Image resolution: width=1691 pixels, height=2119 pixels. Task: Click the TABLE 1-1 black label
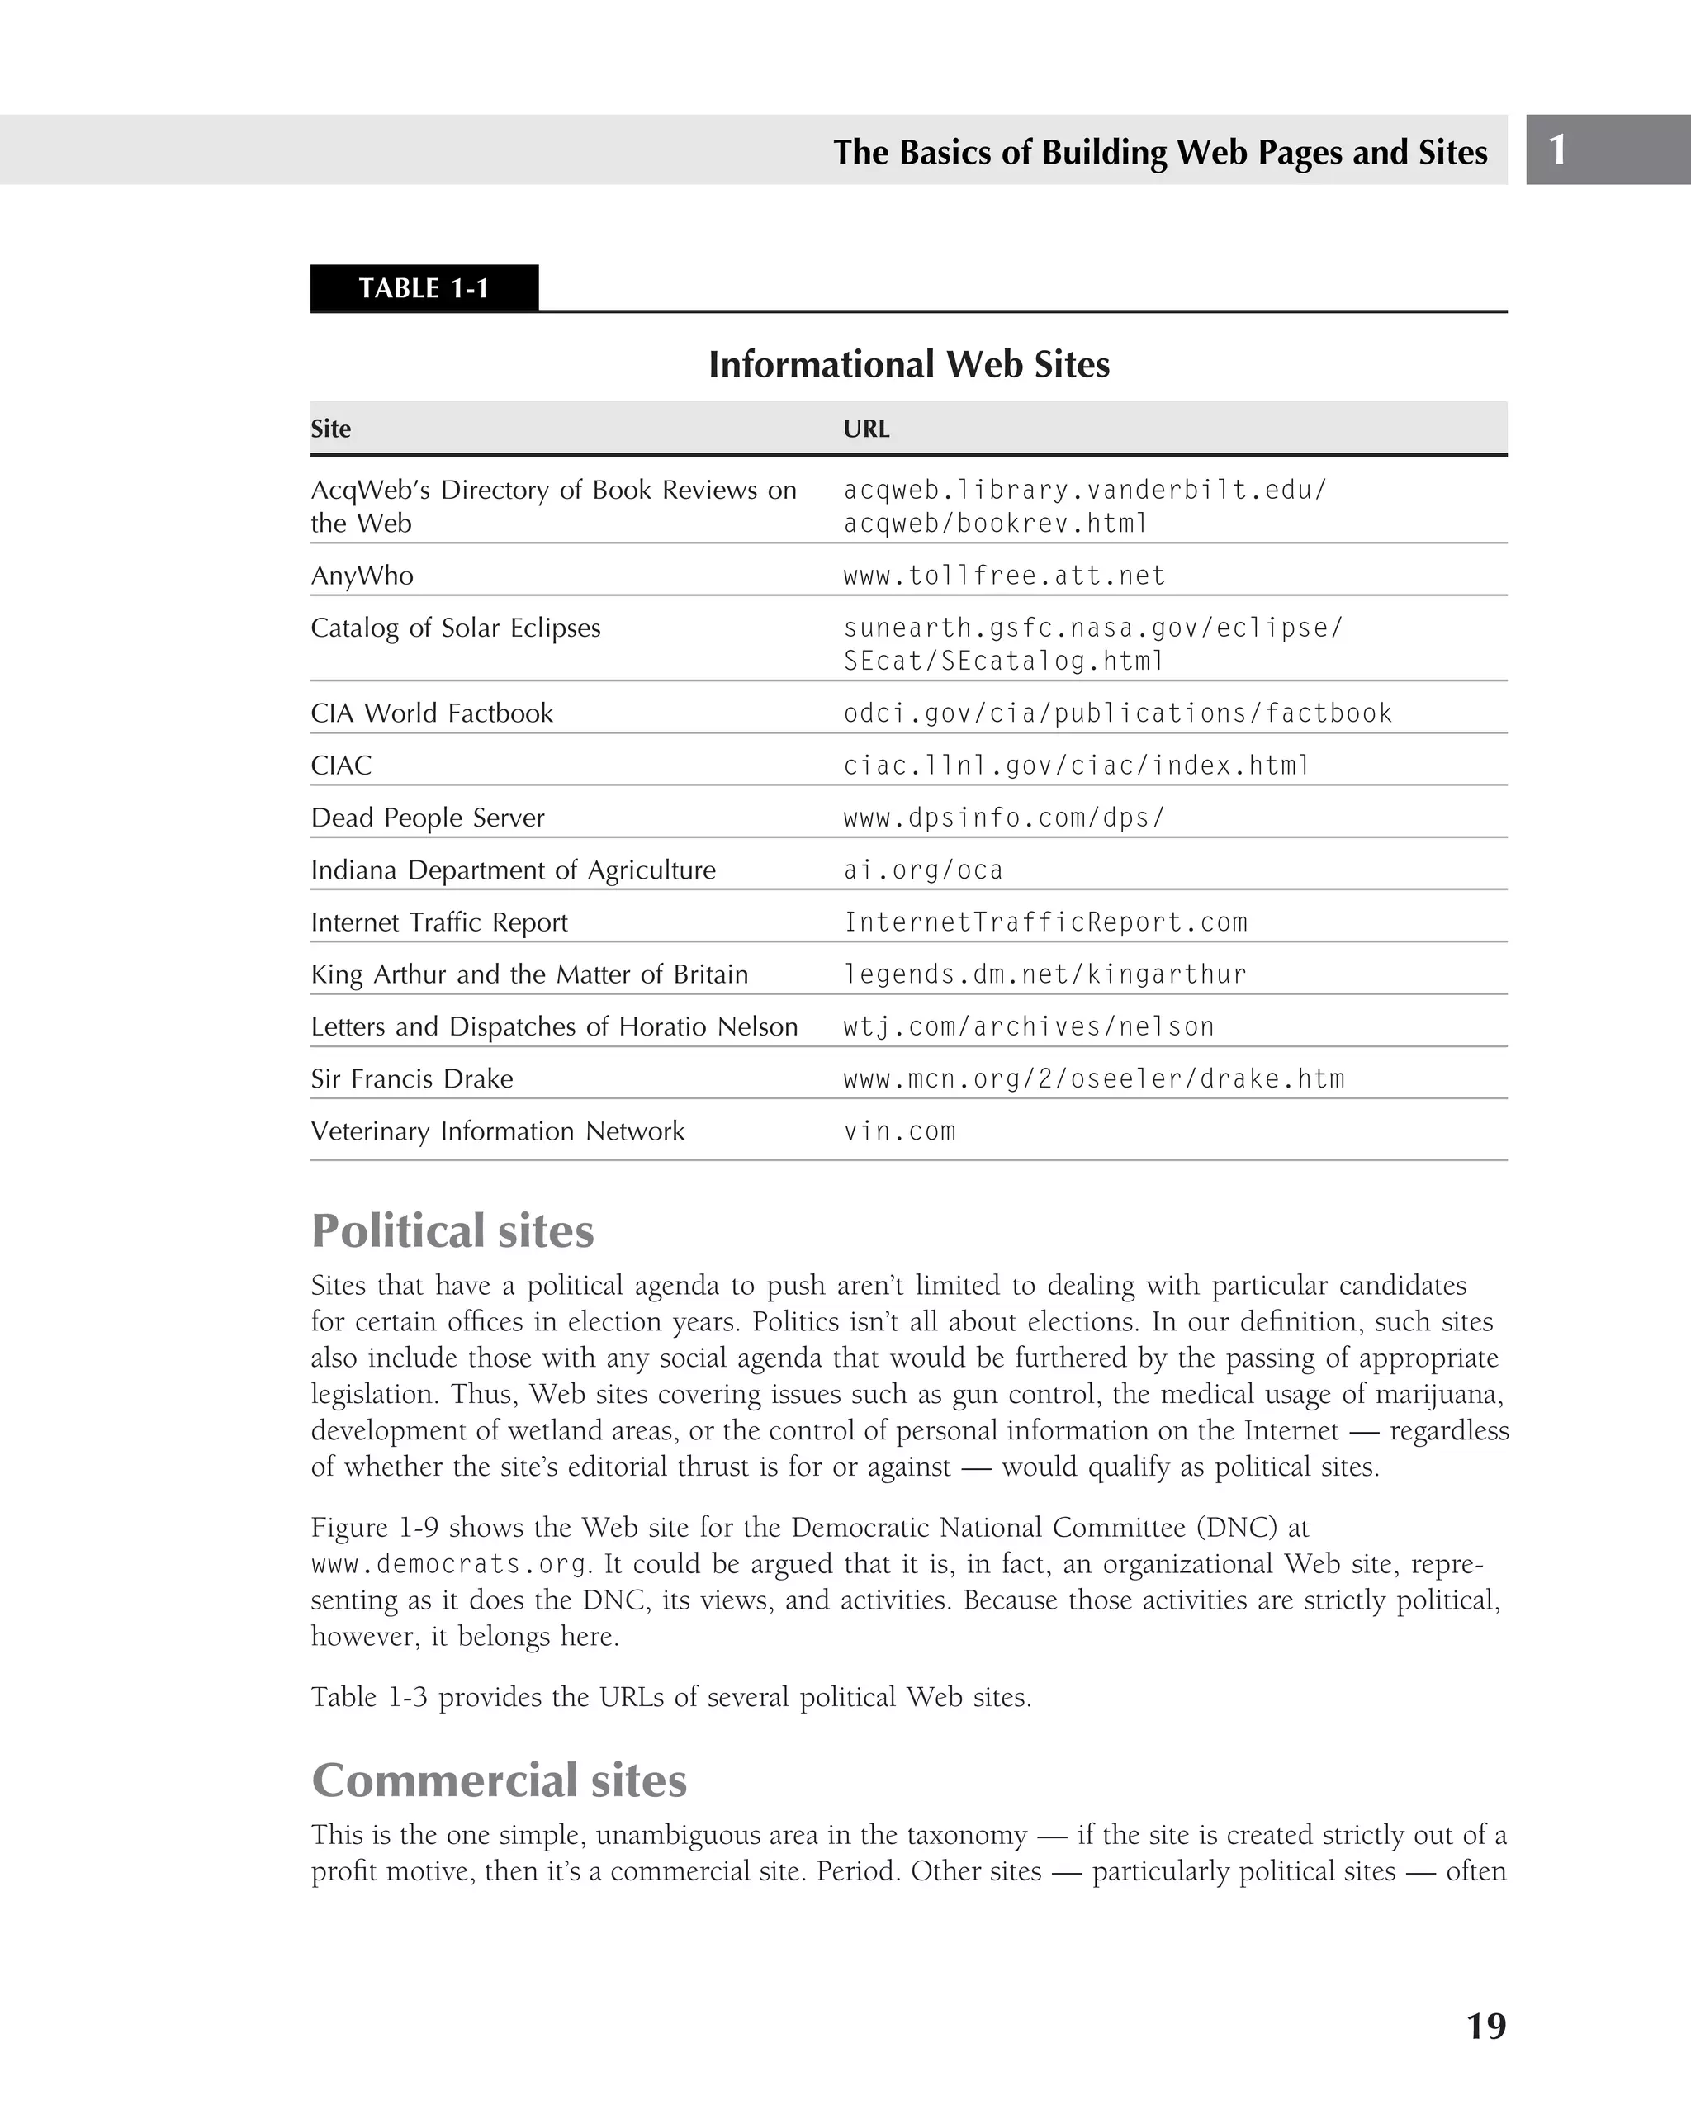pos(424,288)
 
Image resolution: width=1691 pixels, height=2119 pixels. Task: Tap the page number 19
pos(1485,2026)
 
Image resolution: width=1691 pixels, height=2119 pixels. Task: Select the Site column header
pos(331,429)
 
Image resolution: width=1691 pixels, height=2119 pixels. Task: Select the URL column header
pos(865,429)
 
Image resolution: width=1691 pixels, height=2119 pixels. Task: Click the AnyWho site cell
pos(362,575)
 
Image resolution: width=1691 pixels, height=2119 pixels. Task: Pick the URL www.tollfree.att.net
pos(1003,575)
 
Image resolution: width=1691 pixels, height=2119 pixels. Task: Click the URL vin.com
pos(899,1131)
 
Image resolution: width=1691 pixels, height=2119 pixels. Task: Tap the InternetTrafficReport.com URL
pos(1045,922)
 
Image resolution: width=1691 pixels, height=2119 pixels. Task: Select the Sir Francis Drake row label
pos(412,1079)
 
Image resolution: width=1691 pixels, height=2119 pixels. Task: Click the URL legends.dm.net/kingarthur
pos(1044,974)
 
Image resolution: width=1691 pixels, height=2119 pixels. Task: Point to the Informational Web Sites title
pos(909,365)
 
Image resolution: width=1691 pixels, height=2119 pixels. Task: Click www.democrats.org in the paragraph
pos(449,1564)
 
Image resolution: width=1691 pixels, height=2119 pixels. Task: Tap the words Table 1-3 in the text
pos(368,1697)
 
